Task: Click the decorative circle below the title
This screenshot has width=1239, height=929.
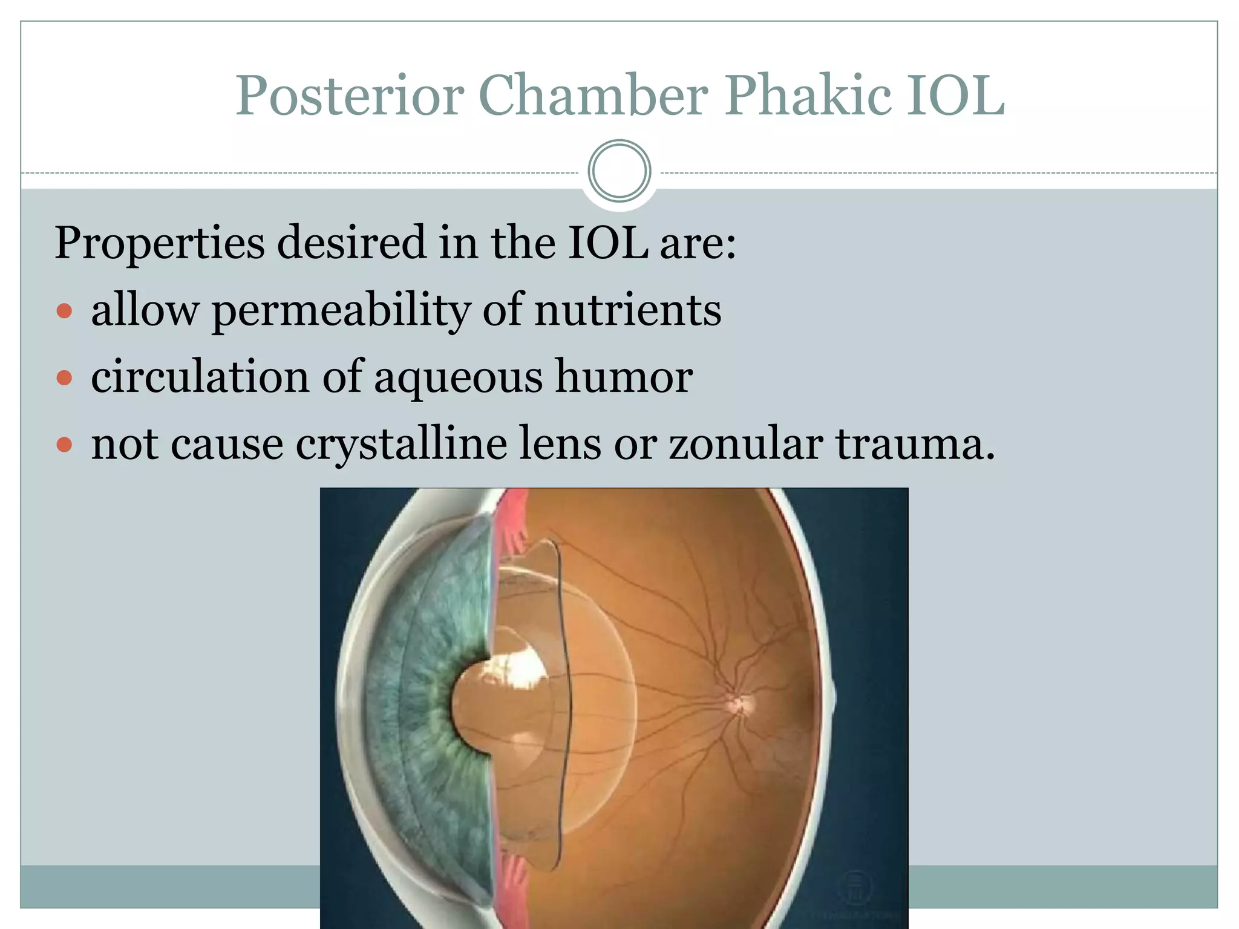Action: [x=619, y=171]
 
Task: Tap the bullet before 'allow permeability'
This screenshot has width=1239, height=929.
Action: [x=64, y=311]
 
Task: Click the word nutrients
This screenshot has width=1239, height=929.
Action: [x=627, y=310]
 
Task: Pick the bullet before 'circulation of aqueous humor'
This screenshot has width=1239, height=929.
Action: [x=64, y=379]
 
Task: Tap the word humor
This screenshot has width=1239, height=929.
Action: [x=624, y=377]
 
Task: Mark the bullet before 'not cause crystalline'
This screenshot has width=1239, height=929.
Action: [x=64, y=446]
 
